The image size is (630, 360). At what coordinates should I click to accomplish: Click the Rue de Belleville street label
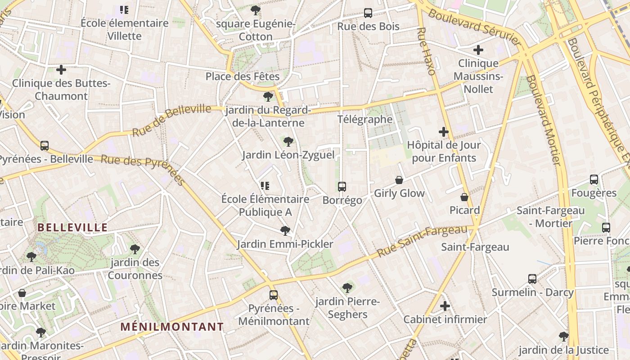click(171, 120)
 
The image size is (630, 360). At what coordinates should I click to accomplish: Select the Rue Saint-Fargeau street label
click(423, 241)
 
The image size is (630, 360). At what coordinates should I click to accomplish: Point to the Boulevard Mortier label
click(544, 120)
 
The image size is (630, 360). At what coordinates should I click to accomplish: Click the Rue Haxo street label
click(426, 51)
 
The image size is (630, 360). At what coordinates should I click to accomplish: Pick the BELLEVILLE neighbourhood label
click(72, 227)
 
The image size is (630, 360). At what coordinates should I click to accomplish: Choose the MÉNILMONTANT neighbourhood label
click(172, 327)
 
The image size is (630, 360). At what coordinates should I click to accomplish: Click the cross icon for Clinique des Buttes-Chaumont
click(61, 70)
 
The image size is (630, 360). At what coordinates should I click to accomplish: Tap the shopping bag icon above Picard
click(464, 197)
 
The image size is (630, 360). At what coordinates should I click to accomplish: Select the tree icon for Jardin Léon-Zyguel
click(288, 142)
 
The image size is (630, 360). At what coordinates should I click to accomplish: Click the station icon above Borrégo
click(342, 186)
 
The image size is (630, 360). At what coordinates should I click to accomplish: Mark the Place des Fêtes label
click(243, 76)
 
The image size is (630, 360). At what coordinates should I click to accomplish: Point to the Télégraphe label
click(365, 119)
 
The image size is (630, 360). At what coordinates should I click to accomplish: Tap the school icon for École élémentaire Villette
click(124, 10)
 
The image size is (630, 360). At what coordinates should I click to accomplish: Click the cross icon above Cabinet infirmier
click(445, 306)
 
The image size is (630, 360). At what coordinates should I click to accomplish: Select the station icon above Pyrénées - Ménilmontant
click(274, 295)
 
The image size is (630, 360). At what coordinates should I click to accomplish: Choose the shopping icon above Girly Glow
click(399, 180)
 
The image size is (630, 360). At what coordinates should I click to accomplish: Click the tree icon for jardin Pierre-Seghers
click(347, 288)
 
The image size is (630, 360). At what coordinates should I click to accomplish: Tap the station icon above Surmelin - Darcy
click(532, 279)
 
